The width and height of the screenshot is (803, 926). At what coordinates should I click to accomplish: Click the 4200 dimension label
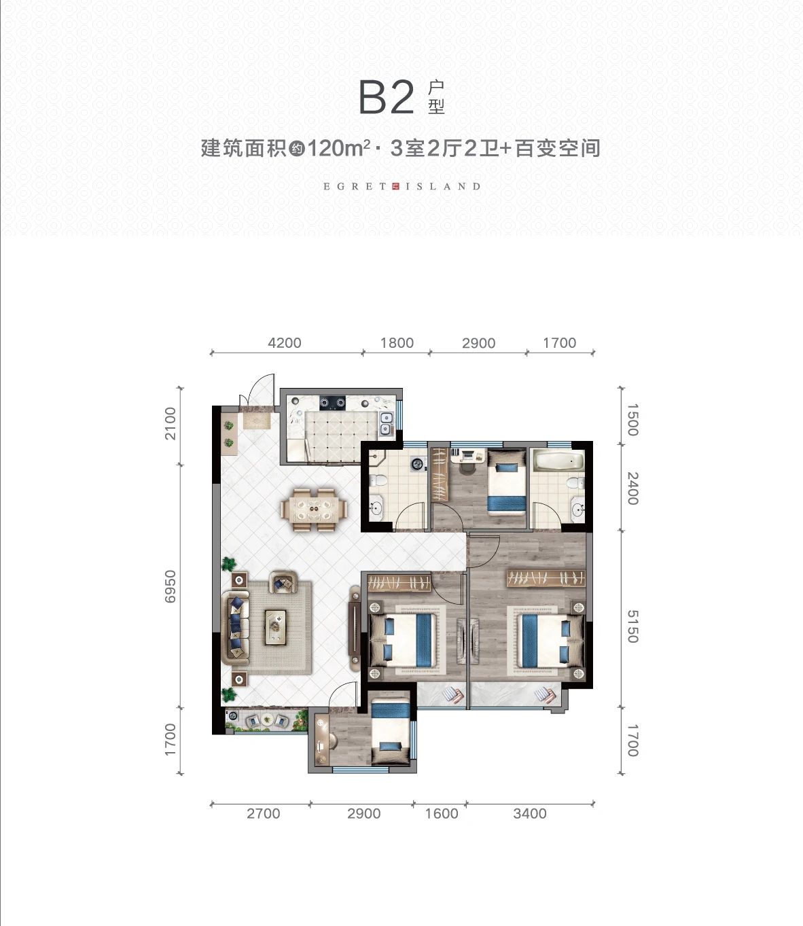pos(285,342)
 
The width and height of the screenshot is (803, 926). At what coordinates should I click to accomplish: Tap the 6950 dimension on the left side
pos(171,586)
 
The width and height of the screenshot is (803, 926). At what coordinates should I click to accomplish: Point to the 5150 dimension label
pos(632,626)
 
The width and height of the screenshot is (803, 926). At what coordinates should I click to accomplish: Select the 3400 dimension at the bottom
pos(530,813)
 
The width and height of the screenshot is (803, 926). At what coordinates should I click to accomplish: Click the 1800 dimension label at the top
pos(397,342)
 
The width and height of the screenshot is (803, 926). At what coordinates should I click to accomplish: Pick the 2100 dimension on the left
pos(171,423)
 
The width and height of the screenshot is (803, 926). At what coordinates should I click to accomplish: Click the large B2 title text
pos(387,98)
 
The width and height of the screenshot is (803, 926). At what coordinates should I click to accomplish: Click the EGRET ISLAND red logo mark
pos(395,186)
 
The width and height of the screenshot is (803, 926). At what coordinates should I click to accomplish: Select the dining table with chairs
pos(314,510)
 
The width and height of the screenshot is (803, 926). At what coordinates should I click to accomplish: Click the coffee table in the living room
pos(275,627)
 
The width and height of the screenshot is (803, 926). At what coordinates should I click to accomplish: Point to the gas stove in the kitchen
pos(332,403)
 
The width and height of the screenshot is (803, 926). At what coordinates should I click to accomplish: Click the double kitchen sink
pos(385,424)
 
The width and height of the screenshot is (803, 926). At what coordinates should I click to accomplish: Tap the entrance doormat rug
pos(257,421)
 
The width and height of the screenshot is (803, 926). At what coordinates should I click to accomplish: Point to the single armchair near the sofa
pos(283,583)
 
